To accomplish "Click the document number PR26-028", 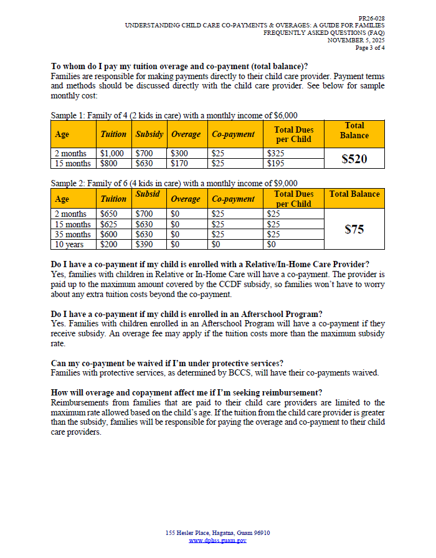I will (371, 19).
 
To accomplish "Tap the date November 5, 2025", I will (356, 40).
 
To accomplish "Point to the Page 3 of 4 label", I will (370, 47).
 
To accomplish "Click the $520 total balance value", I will (354, 159).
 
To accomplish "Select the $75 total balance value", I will (354, 229).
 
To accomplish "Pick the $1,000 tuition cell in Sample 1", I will (112, 153).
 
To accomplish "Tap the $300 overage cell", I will (179, 153).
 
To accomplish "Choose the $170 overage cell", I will (179, 163).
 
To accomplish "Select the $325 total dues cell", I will (275, 153).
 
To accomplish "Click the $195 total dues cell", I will (275, 163).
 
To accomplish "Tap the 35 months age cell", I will (72, 234).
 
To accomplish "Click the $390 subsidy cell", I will (144, 245).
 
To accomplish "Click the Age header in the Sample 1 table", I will (62, 134).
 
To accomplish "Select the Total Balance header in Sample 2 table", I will (354, 194).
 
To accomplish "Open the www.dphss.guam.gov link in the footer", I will (217, 541).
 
